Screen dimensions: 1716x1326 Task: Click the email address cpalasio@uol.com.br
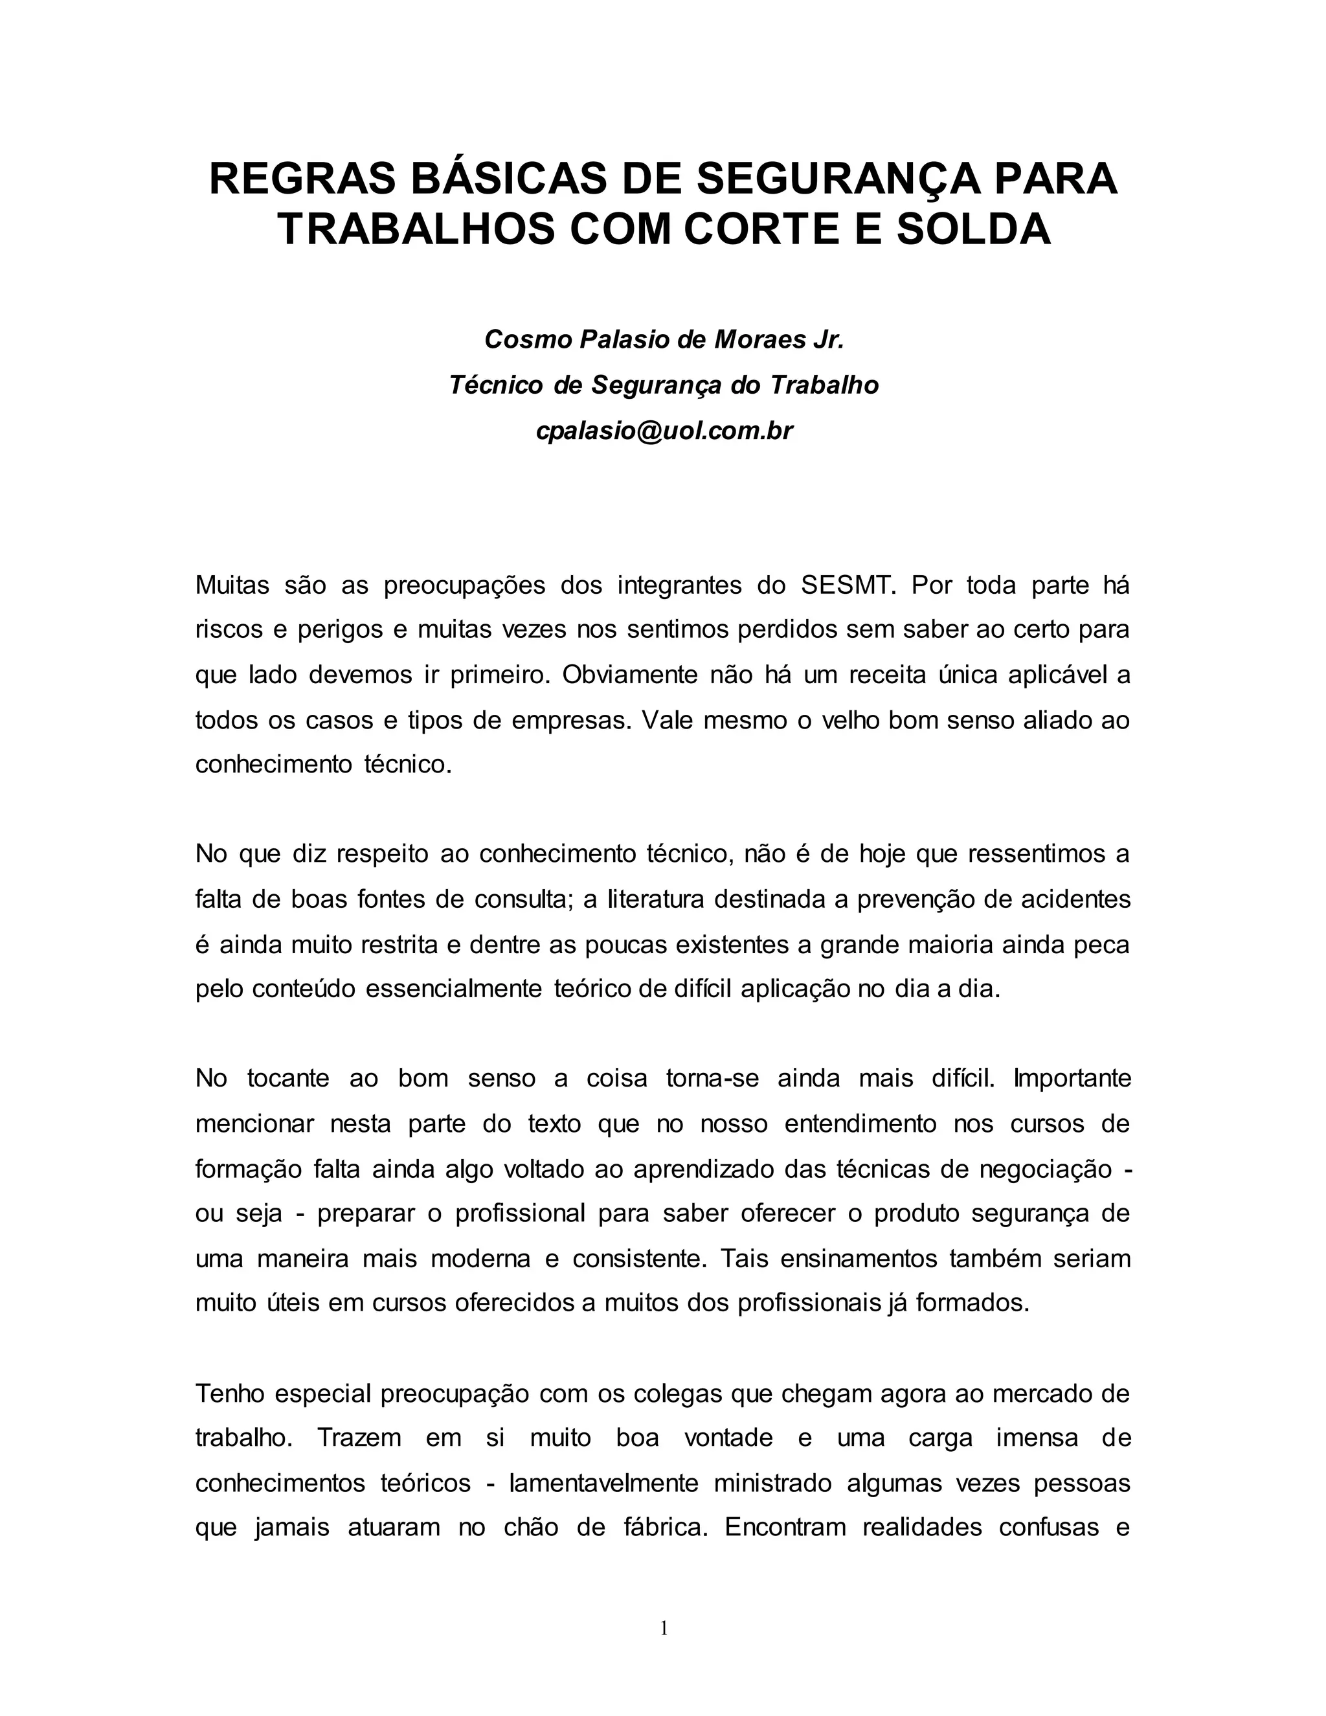pos(664,431)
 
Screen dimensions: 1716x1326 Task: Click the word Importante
pos(1072,1078)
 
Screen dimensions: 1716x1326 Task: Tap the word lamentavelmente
pos(603,1483)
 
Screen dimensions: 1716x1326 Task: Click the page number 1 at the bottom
pos(664,1629)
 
